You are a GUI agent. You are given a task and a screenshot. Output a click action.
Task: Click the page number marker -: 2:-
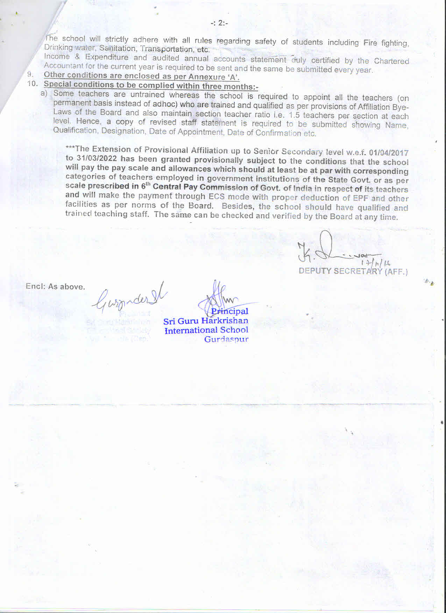click(x=219, y=23)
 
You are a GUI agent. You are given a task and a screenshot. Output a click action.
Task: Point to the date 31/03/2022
click(x=97, y=158)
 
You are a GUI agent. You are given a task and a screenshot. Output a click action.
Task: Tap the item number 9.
click(x=30, y=74)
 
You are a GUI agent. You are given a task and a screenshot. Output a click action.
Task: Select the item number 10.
click(x=32, y=84)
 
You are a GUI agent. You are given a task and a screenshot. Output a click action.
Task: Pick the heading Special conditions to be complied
click(x=109, y=85)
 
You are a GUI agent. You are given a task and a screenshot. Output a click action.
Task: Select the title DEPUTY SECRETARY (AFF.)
click(x=353, y=271)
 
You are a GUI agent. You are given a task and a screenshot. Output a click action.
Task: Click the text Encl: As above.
click(x=55, y=287)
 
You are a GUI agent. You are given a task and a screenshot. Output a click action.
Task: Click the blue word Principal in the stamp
click(x=230, y=311)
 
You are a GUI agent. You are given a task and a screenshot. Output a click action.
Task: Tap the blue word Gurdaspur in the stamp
click(x=226, y=339)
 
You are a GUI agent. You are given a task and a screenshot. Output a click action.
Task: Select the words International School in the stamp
click(x=206, y=330)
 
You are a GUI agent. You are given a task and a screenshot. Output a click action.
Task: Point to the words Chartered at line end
click(x=391, y=61)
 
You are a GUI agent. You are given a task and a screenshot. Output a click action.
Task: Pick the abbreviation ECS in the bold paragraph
click(x=217, y=197)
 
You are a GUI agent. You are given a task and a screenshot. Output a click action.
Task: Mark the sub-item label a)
click(x=44, y=93)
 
